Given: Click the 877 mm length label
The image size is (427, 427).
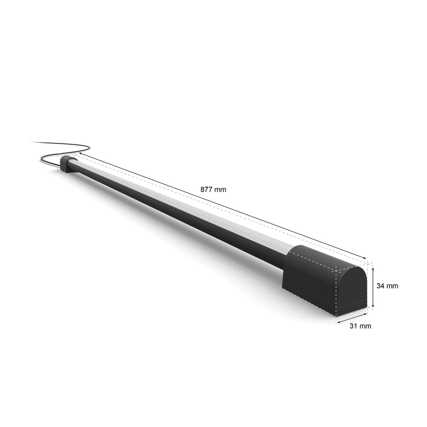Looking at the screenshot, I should coord(213,189).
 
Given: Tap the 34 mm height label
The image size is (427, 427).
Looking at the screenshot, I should coord(387,286).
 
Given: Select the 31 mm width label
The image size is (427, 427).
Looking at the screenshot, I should coord(360,326).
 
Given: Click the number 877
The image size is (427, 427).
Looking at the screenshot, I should coord(206,189).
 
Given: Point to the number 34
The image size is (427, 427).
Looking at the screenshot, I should coord(381,286).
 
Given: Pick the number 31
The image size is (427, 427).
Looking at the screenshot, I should coord(353,326).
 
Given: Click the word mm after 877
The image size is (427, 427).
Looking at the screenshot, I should coord(220,189).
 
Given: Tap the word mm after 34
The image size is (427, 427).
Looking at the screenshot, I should coord(393,286).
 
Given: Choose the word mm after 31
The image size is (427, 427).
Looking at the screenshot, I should coord(365,326).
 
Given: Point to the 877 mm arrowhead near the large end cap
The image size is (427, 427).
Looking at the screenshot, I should coord(365,258).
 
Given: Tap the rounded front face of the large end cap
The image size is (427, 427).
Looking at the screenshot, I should coord(352,290).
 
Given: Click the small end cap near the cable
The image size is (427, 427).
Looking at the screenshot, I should coord(67,164).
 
